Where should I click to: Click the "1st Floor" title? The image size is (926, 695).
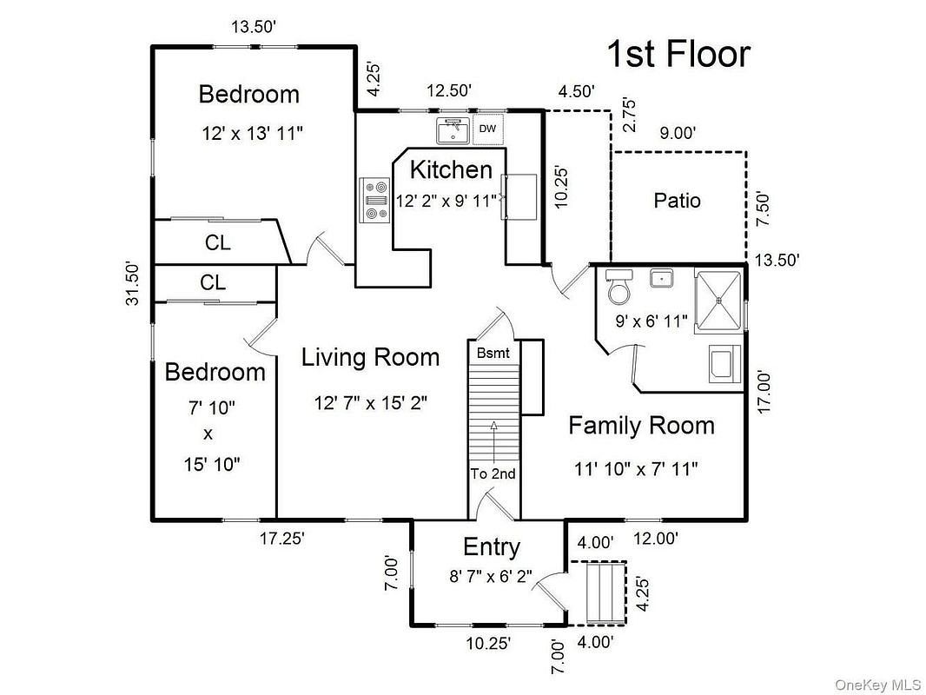(678, 54)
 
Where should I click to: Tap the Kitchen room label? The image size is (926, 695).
(451, 169)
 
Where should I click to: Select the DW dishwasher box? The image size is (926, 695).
(488, 129)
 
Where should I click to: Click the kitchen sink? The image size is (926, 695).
(453, 130)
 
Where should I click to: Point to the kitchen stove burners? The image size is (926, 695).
(375, 200)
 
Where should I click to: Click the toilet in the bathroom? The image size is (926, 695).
(618, 287)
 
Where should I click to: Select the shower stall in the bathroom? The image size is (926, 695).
(718, 301)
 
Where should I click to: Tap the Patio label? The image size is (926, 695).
(678, 200)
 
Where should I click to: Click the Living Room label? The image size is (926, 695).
(370, 357)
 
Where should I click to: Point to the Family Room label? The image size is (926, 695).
(641, 425)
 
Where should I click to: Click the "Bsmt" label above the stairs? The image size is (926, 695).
(493, 353)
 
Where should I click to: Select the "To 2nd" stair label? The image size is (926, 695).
(493, 473)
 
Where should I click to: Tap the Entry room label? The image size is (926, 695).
(492, 547)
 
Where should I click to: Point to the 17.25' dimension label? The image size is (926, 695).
(282, 539)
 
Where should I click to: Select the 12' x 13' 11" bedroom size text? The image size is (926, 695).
(252, 133)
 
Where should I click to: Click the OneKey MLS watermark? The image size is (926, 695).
(877, 685)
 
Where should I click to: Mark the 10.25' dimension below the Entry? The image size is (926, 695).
(488, 643)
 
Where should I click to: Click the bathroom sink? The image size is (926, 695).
(661, 277)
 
